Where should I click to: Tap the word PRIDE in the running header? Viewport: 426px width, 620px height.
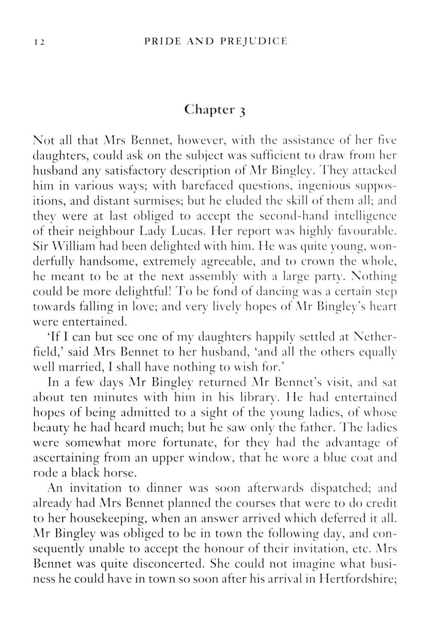tap(160, 41)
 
